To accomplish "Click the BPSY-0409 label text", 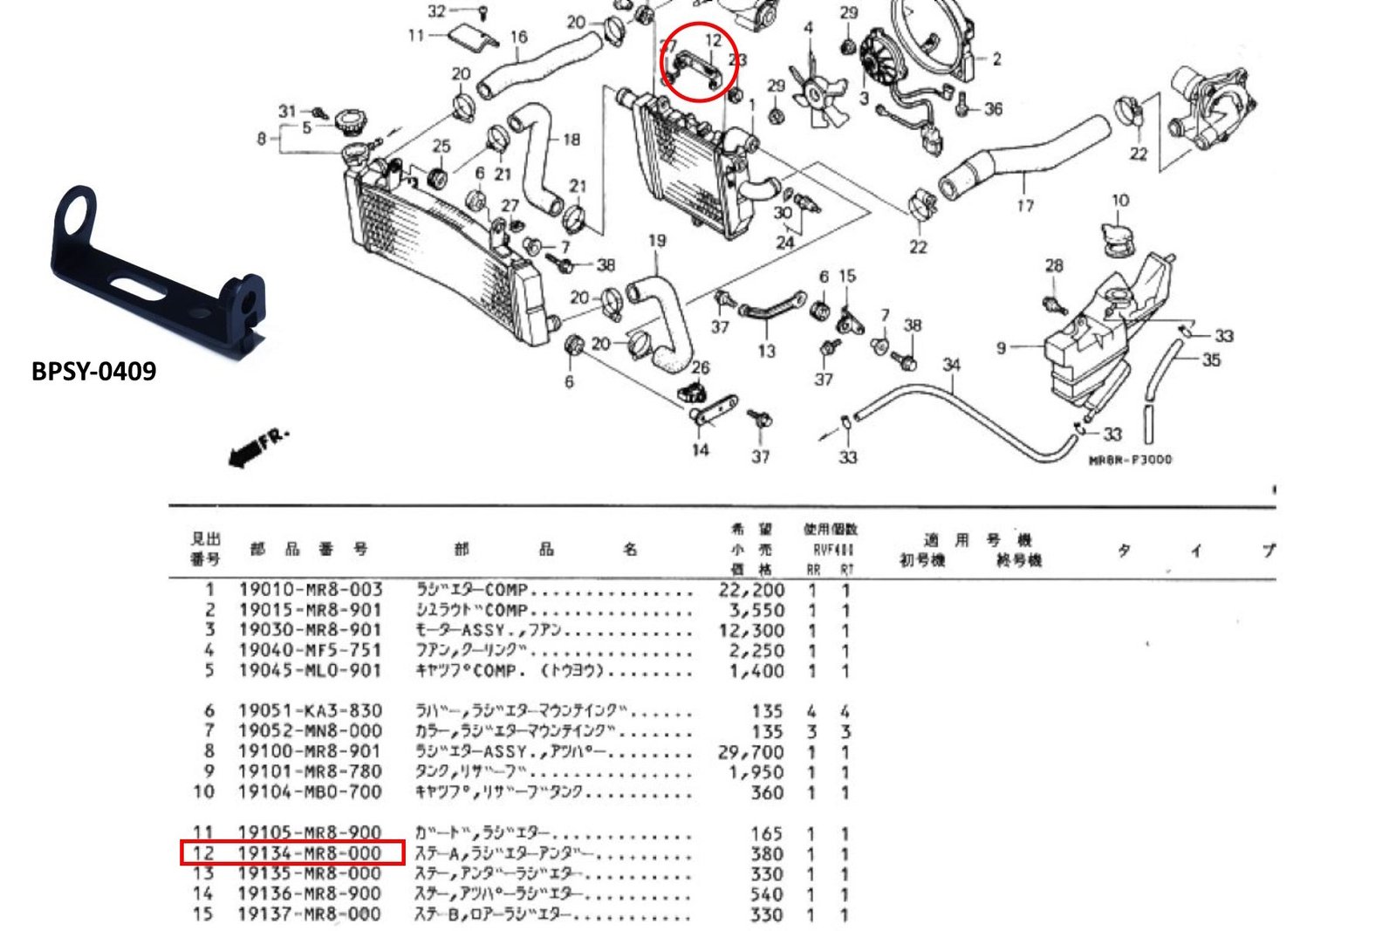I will pos(93,371).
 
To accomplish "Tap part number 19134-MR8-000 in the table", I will pos(310,853).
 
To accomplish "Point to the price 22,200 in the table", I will pos(751,590).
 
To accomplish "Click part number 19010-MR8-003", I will pos(310,590).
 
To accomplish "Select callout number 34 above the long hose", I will pos(951,364).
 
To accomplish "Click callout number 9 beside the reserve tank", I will pos(1001,348).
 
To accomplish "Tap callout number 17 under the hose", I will pos(1025,206).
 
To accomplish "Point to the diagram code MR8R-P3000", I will pos(1130,460).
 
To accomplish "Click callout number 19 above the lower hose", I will pos(657,241).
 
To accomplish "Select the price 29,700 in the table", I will pos(751,752).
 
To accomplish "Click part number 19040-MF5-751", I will pos(310,650).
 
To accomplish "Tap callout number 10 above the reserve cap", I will pos(1120,200).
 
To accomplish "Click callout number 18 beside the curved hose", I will pos(571,139).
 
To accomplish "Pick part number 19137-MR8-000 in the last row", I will pos(310,914).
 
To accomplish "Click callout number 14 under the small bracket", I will pos(701,450).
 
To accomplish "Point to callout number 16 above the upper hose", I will pos(518,37).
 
